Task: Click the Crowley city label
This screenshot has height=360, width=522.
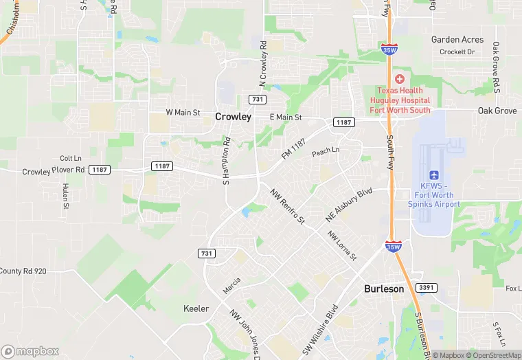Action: pyautogui.click(x=233, y=117)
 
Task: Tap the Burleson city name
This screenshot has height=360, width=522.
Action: pyautogui.click(x=383, y=289)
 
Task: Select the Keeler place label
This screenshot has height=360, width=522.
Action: pyautogui.click(x=196, y=309)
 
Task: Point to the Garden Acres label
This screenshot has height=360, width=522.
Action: pyautogui.click(x=457, y=40)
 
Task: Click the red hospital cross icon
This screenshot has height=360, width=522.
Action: pyautogui.click(x=400, y=79)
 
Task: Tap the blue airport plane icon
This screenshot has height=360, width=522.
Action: pyautogui.click(x=433, y=175)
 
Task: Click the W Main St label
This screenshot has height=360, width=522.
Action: pyautogui.click(x=183, y=112)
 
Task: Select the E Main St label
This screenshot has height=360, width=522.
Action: pyautogui.click(x=286, y=117)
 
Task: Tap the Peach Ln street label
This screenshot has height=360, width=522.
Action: pyautogui.click(x=326, y=150)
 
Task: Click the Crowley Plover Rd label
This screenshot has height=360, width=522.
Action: pyautogui.click(x=53, y=170)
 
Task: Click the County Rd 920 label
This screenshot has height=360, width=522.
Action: pyautogui.click(x=23, y=271)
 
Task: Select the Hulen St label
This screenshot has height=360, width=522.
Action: pyautogui.click(x=66, y=196)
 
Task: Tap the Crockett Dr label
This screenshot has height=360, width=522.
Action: pyautogui.click(x=457, y=52)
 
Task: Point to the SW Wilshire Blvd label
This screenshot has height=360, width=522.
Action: pyautogui.click(x=320, y=330)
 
